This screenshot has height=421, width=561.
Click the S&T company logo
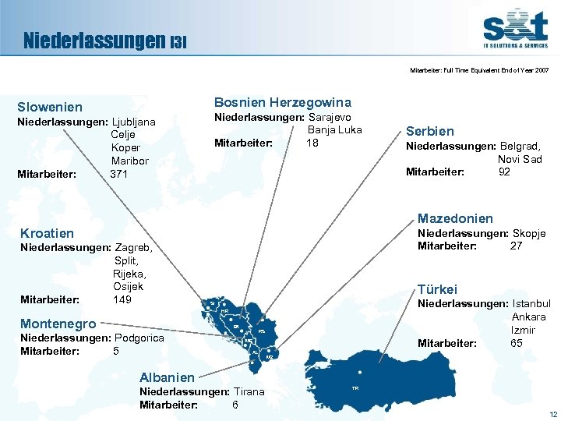(x=514, y=30)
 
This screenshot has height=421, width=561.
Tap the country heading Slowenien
(x=50, y=107)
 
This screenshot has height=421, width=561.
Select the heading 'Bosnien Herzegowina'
(x=282, y=102)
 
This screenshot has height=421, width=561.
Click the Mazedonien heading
(x=455, y=218)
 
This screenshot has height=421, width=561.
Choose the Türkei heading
(x=438, y=288)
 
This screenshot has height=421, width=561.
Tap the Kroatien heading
(x=48, y=233)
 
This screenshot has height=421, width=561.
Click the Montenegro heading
(x=58, y=324)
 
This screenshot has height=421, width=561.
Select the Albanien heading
(x=168, y=377)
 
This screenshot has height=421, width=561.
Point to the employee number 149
(x=122, y=299)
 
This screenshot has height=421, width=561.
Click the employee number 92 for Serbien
(x=504, y=172)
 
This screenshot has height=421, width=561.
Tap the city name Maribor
(x=130, y=161)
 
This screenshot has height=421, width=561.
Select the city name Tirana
(x=248, y=391)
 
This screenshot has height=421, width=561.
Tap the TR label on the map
(x=355, y=387)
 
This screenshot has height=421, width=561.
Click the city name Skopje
(x=529, y=233)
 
